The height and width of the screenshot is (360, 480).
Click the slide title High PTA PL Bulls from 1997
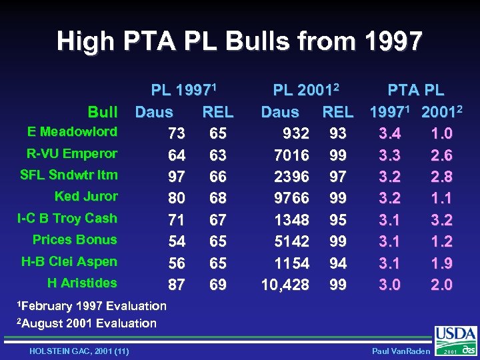tap(239, 41)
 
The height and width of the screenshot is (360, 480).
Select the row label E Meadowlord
tap(73, 131)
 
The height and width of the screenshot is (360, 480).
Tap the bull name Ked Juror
tap(86, 196)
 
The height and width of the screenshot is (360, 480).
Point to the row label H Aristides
tap(82, 283)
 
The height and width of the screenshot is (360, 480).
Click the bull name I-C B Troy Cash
tap(67, 218)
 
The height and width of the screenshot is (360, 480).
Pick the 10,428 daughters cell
tap(285, 285)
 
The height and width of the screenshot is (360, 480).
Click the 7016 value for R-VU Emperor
tap(291, 155)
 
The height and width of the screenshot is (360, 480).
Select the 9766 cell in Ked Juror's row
tap(291, 198)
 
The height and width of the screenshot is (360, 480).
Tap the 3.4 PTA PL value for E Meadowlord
tap(390, 133)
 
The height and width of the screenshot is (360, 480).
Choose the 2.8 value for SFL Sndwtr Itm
tap(441, 177)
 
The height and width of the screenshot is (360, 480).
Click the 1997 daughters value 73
tap(177, 133)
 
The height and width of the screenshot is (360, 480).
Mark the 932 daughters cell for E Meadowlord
tap(295, 133)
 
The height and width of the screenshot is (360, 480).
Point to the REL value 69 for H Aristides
tap(217, 285)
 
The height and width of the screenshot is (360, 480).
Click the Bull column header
tap(103, 112)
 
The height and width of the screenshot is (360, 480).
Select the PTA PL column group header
tap(416, 91)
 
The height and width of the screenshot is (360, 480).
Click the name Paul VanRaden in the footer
tap(397, 351)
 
